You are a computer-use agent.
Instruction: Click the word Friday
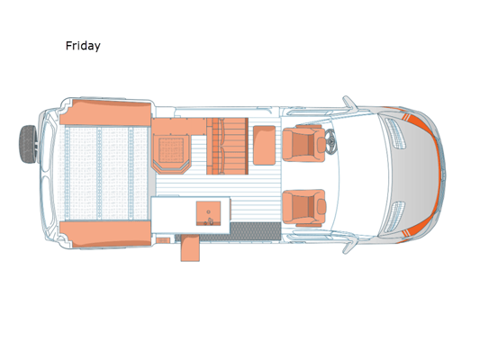click(x=83, y=46)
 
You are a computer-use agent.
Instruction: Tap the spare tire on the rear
click(x=28, y=144)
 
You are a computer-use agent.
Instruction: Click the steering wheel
click(x=331, y=142)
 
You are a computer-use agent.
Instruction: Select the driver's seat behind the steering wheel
click(x=303, y=143)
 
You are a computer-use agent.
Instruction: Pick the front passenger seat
click(x=303, y=208)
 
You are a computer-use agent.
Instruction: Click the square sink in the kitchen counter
click(x=208, y=213)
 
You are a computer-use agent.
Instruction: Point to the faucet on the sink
click(x=209, y=221)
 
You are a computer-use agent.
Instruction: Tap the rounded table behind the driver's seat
click(x=264, y=145)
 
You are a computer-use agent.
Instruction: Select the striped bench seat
click(x=227, y=146)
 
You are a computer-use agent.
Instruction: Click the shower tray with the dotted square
click(x=171, y=150)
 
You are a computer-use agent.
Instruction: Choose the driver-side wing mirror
click(x=349, y=103)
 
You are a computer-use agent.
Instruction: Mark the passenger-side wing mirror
click(x=349, y=246)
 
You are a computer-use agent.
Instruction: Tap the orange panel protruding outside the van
click(x=190, y=248)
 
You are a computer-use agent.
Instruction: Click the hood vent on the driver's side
click(x=395, y=134)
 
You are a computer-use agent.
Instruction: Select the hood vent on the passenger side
click(x=395, y=217)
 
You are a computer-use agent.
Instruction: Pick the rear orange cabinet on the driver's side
click(x=105, y=112)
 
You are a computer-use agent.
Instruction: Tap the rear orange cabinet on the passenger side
click(x=105, y=234)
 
